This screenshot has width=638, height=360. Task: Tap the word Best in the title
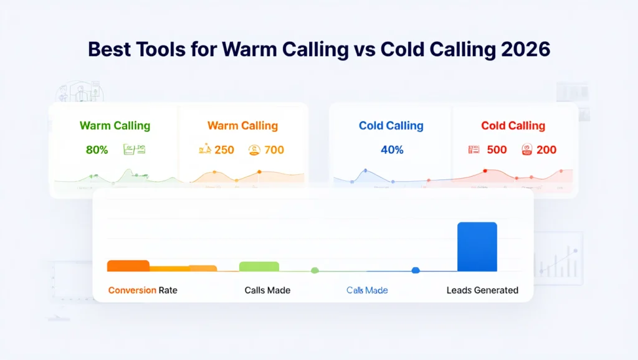coord(110,49)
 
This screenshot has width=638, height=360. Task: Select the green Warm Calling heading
coord(115,126)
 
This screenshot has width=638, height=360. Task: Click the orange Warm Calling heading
coord(242,126)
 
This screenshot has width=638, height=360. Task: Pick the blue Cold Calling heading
coord(391,126)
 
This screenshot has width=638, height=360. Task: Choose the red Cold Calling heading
coord(513,126)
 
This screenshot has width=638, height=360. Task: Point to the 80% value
coord(97,149)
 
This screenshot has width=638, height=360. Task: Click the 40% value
coord(392,149)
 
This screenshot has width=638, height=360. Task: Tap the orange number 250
coord(224,149)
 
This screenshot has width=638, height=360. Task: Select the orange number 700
coord(274,149)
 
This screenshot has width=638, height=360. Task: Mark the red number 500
coord(497,149)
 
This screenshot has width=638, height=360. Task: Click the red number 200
coord(546,149)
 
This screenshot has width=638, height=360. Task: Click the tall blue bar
coord(477,247)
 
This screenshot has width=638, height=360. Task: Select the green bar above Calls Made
coord(259,267)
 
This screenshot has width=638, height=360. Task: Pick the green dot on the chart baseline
coord(315,270)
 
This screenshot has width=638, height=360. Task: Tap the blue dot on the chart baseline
coord(416,270)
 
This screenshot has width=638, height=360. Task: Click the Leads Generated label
coord(482,290)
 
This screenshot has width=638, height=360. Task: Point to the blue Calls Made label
coord(367,290)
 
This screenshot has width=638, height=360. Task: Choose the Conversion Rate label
coord(143,290)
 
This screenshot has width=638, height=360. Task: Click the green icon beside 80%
coord(135,149)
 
